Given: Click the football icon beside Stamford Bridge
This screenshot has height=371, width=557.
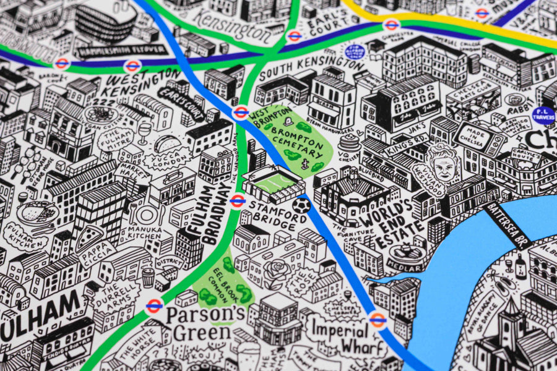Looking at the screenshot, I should tap(301, 205).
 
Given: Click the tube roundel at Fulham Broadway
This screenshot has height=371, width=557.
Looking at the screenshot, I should tap(237, 200).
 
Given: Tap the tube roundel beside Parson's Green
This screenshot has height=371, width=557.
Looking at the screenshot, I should tap(154, 305).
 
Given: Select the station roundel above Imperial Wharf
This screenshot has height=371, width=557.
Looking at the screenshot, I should tap(378, 318).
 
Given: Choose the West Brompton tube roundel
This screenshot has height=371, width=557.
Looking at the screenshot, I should tap(241, 113).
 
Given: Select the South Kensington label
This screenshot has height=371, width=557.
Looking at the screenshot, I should tap(312, 68).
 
